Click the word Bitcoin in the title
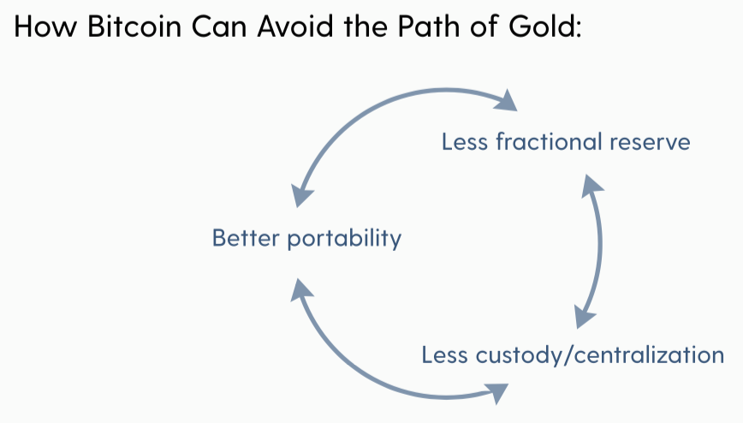click(x=134, y=26)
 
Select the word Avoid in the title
click(x=295, y=26)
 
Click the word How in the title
click(x=45, y=26)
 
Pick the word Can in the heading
click(x=219, y=26)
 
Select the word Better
click(x=246, y=237)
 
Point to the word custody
click(x=519, y=355)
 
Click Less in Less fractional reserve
click(x=464, y=142)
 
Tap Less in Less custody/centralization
click(x=444, y=354)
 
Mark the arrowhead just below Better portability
click(x=300, y=289)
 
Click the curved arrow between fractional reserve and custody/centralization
click(x=599, y=245)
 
